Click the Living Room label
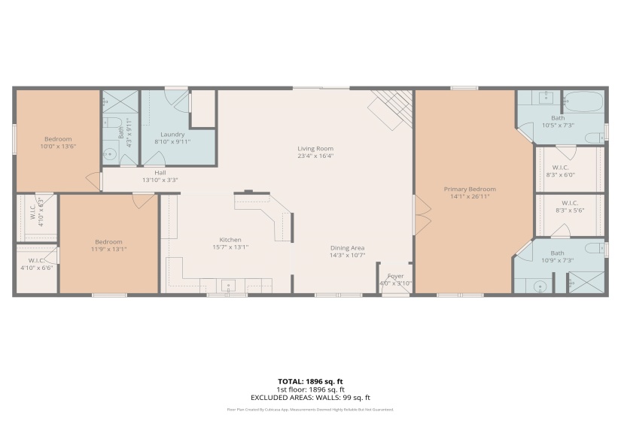point(315,149)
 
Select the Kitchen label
point(230,240)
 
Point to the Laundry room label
point(172,134)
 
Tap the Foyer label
point(395,276)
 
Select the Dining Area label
point(347,248)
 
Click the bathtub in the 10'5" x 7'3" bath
point(583,102)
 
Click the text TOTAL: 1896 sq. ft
point(310,382)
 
